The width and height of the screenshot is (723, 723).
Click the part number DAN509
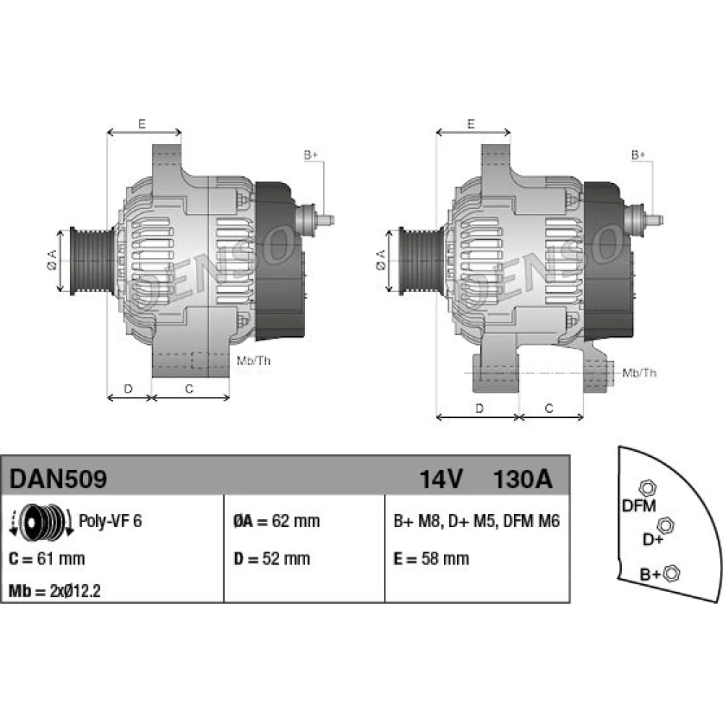(x=58, y=479)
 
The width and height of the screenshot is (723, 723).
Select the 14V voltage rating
(x=441, y=479)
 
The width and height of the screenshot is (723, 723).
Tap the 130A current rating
(x=523, y=479)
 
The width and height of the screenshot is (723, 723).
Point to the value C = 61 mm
(x=46, y=559)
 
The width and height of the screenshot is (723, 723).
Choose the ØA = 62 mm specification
(x=277, y=521)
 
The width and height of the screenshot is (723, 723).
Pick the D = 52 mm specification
(x=272, y=559)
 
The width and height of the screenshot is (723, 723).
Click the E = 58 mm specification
(x=431, y=559)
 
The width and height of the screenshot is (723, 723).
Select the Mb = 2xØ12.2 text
(x=54, y=591)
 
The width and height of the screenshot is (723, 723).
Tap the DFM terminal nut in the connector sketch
(x=647, y=488)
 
